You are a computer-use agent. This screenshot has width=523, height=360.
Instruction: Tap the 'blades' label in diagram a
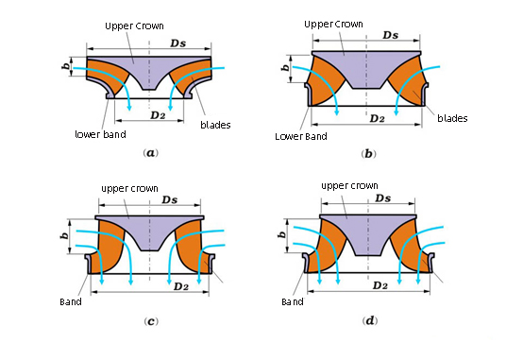tap(216, 124)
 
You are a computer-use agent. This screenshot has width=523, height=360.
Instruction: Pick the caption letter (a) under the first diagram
tap(149, 152)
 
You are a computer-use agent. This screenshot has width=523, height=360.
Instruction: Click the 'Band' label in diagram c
tap(70, 302)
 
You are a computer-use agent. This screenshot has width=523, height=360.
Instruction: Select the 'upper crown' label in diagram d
tap(349, 186)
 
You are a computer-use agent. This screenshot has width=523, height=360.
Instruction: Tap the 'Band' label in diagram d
tap(293, 302)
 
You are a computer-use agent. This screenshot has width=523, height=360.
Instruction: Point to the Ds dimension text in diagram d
tap(382, 197)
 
